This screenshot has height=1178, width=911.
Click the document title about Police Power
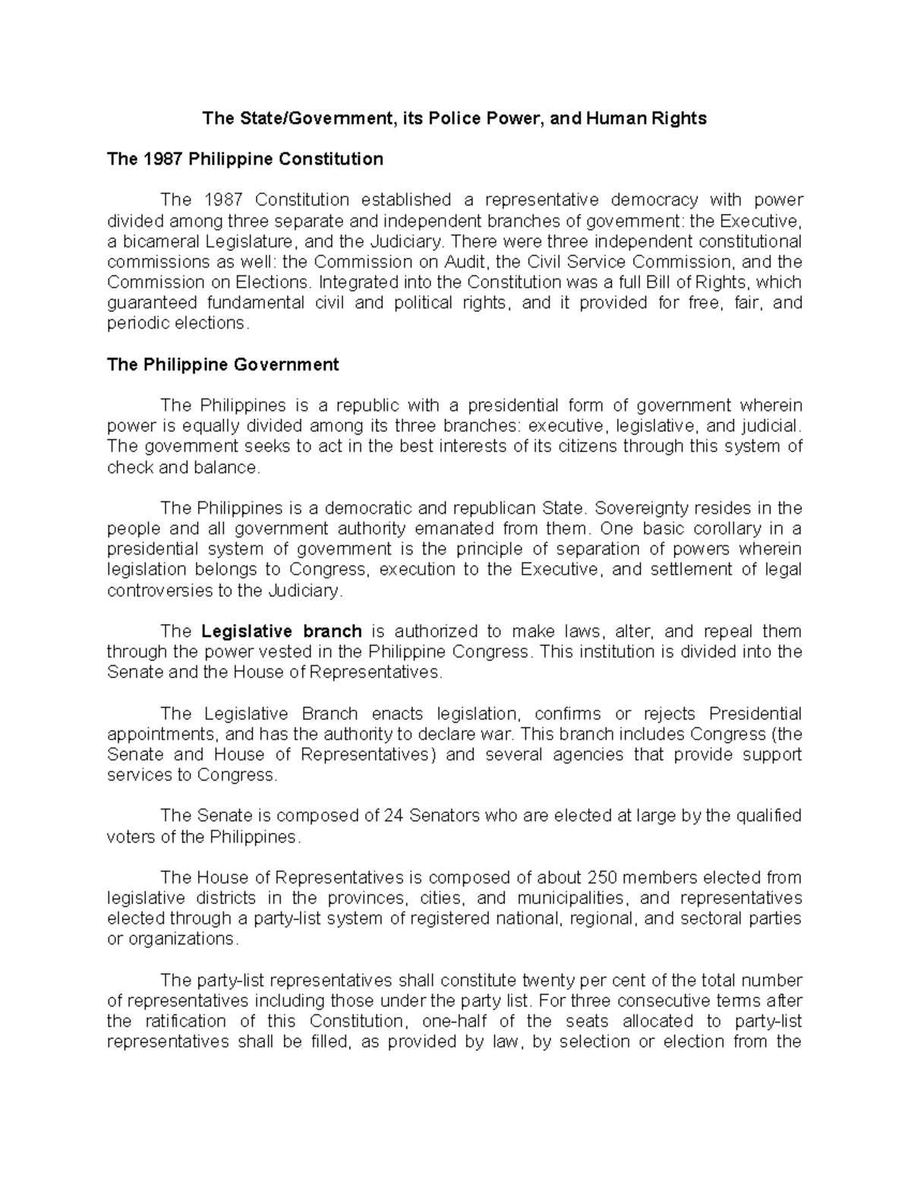(453, 118)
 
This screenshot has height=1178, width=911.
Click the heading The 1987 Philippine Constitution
(245, 159)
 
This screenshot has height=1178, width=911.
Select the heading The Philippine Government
(222, 365)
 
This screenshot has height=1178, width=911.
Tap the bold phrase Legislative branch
(282, 632)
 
